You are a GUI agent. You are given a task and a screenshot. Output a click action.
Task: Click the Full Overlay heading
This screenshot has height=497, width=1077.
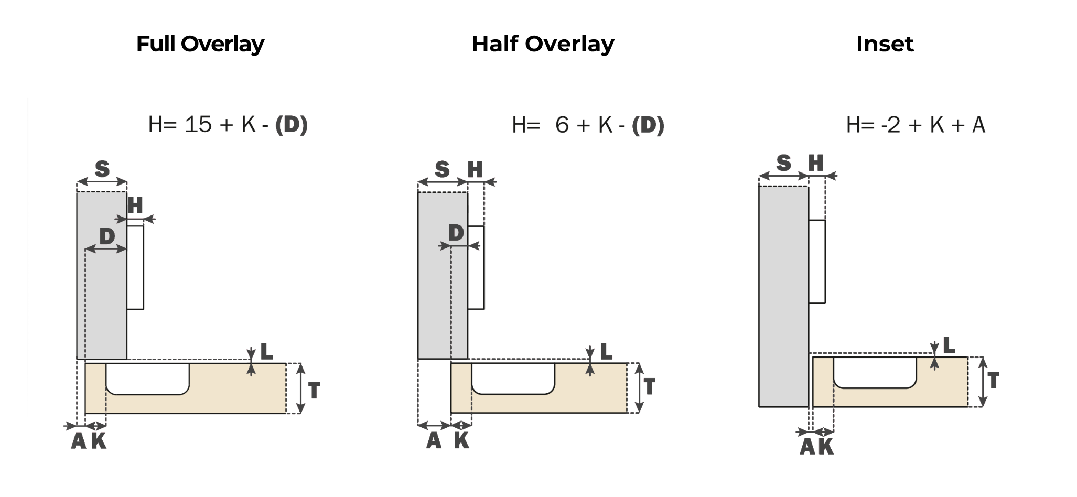pos(200,44)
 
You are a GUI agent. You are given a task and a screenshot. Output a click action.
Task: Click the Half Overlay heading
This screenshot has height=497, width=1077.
pos(542,44)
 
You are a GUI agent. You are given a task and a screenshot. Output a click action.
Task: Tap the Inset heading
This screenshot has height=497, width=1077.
pos(885,44)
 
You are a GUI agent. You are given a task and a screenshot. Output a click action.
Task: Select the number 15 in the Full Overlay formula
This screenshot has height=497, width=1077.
pos(198,125)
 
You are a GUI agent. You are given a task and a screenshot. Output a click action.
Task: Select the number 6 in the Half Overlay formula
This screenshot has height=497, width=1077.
pos(562,125)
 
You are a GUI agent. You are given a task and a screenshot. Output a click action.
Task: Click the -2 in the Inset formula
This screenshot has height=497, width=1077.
pos(891,125)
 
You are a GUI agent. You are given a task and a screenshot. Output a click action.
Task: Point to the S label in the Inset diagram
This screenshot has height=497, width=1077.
pos(783,163)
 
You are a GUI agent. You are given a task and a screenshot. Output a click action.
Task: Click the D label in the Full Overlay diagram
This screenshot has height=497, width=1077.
pos(107,236)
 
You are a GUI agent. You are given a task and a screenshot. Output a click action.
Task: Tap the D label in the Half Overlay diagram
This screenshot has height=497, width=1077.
pos(456,233)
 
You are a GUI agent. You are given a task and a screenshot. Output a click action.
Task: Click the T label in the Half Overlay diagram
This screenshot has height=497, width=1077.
pos(650,386)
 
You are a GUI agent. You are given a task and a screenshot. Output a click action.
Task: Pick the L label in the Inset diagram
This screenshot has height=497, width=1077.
pos(949,345)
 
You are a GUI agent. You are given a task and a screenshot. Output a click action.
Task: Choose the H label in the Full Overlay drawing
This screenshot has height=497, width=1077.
pos(135,205)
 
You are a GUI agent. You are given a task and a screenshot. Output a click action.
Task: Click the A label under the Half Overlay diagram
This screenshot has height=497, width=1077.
pos(434,440)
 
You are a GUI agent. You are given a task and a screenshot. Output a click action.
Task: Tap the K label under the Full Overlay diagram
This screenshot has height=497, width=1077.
pos(99,441)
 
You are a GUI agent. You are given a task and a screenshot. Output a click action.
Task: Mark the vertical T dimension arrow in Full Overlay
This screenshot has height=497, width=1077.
pos(300,388)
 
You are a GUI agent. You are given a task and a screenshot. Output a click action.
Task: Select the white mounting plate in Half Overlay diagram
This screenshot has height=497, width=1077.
pos(476,267)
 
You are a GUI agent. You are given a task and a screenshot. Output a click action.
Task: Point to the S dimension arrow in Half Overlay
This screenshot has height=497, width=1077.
pos(442,182)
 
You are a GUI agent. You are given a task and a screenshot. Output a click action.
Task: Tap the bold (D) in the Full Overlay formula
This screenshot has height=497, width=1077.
pos(291,125)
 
